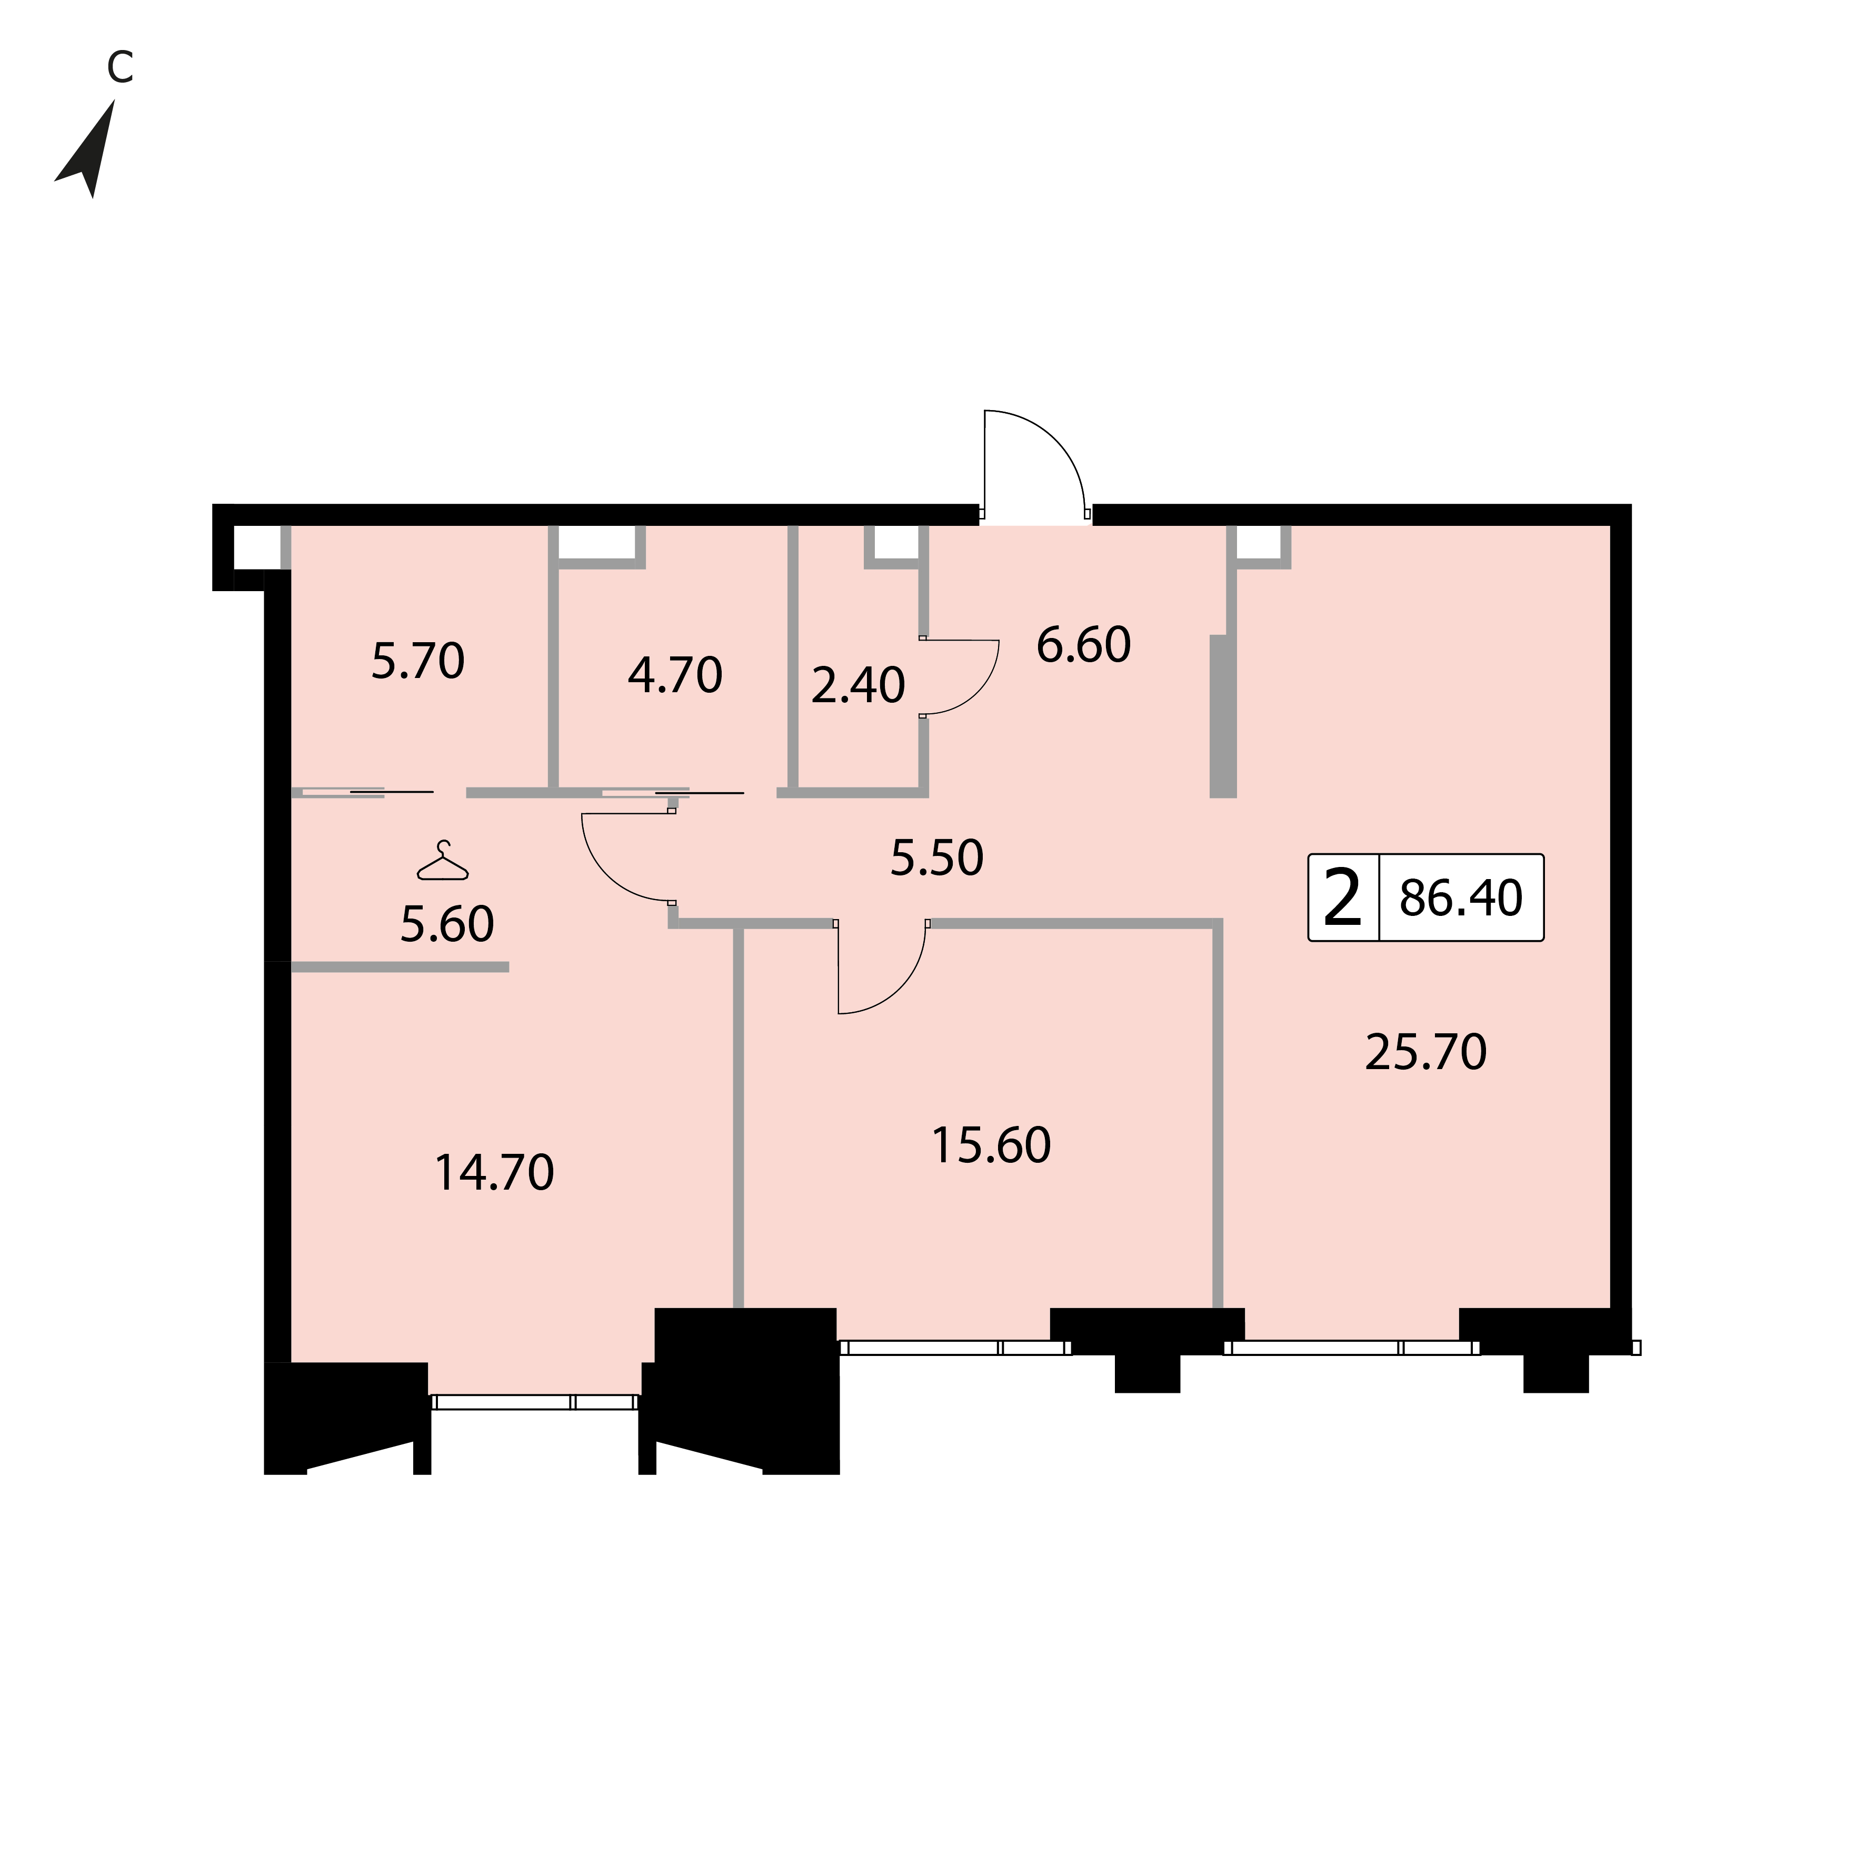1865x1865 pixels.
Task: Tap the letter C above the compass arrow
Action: click(x=119, y=67)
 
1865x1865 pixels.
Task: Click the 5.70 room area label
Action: click(x=418, y=661)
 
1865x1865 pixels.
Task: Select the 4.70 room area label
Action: click(x=675, y=675)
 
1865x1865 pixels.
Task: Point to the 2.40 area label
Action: click(x=858, y=685)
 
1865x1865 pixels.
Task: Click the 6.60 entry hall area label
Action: click(x=1083, y=645)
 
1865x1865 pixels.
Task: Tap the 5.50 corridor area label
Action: click(x=936, y=857)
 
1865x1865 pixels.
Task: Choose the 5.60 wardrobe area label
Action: click(x=447, y=924)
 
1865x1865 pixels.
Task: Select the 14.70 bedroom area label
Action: click(x=494, y=1173)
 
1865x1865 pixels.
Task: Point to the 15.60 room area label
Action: click(x=991, y=1146)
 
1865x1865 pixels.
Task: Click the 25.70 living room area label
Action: click(x=1426, y=1052)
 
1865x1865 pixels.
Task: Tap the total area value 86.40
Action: click(x=1461, y=897)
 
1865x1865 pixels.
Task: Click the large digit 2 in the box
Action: click(x=1343, y=897)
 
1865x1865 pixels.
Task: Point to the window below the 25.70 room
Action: click(x=1351, y=1348)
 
